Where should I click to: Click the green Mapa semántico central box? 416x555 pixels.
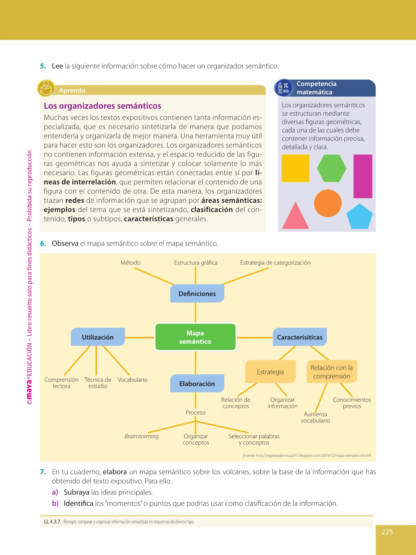(195, 337)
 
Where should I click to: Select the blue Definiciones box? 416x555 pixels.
(197, 294)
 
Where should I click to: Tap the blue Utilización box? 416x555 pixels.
(98, 337)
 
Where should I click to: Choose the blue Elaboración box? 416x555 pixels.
(197, 384)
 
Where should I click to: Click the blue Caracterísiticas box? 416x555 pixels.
(300, 337)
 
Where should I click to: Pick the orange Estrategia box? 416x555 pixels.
(270, 372)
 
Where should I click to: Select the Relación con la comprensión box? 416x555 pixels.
(332, 372)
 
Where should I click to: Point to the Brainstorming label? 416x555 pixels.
(141, 436)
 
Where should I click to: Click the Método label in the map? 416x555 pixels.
(130, 263)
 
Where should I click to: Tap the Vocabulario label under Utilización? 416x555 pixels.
(133, 380)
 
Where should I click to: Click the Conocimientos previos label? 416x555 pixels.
(352, 403)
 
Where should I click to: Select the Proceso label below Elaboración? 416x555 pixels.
(195, 413)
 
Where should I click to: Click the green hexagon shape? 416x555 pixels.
(332, 168)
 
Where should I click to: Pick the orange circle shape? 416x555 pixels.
(328, 203)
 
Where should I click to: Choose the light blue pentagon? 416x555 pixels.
(359, 217)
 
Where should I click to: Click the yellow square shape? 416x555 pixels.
(295, 168)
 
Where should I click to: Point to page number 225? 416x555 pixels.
(387, 532)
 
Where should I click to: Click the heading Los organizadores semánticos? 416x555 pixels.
(102, 106)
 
